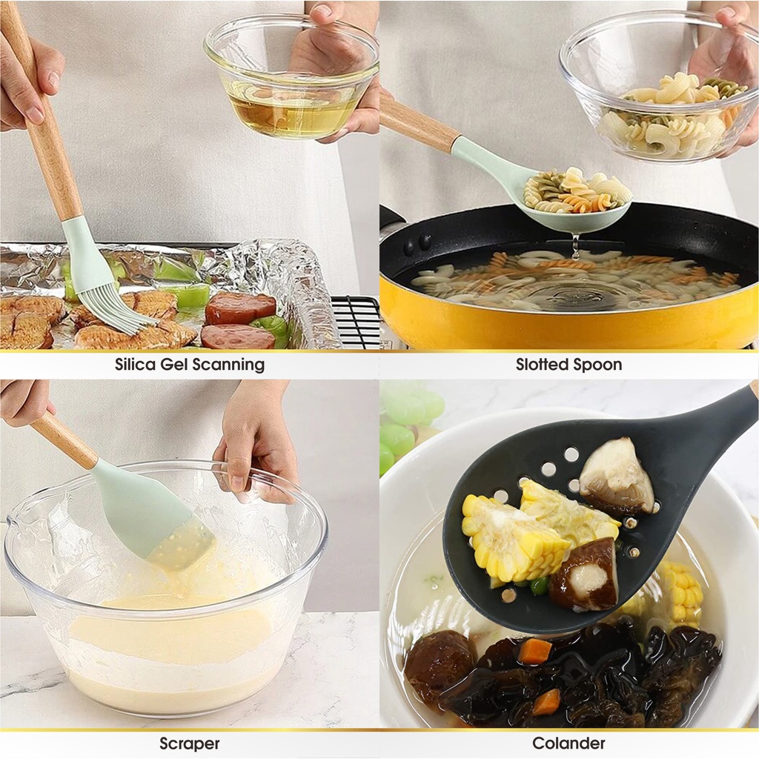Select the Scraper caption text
tap(189, 743)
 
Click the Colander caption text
tap(569, 743)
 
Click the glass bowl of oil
tap(291, 77)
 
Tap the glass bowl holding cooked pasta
tap(659, 87)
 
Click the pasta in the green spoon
tap(574, 192)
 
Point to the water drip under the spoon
tap(575, 247)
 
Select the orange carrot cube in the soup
tap(537, 650)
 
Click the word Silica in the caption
tap(135, 364)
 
